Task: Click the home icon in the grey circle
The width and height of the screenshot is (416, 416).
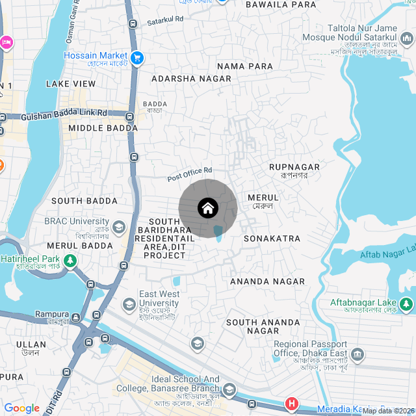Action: click(208, 209)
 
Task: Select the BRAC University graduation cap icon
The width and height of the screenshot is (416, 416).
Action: click(119, 227)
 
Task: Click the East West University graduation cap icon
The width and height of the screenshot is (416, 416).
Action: click(129, 304)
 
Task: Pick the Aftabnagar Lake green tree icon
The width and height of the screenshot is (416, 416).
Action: click(406, 304)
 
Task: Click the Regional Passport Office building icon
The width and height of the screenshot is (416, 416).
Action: click(357, 354)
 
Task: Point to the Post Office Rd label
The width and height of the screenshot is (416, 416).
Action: click(190, 174)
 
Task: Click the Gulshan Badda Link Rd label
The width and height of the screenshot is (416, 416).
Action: click(64, 114)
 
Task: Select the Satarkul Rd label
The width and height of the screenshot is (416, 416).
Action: click(165, 21)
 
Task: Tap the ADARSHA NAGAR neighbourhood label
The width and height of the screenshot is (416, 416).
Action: click(191, 79)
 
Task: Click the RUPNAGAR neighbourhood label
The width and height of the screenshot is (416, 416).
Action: click(294, 167)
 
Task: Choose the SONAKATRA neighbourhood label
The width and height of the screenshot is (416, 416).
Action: click(272, 239)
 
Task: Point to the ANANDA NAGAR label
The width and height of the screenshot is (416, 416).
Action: click(267, 281)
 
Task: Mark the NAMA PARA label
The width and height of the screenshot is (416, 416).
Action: click(245, 66)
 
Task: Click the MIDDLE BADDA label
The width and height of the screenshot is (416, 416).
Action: click(103, 128)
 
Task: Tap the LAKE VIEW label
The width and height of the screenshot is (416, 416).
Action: click(71, 84)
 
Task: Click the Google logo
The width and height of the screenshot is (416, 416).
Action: click(22, 408)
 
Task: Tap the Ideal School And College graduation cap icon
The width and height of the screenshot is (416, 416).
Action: click(229, 390)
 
